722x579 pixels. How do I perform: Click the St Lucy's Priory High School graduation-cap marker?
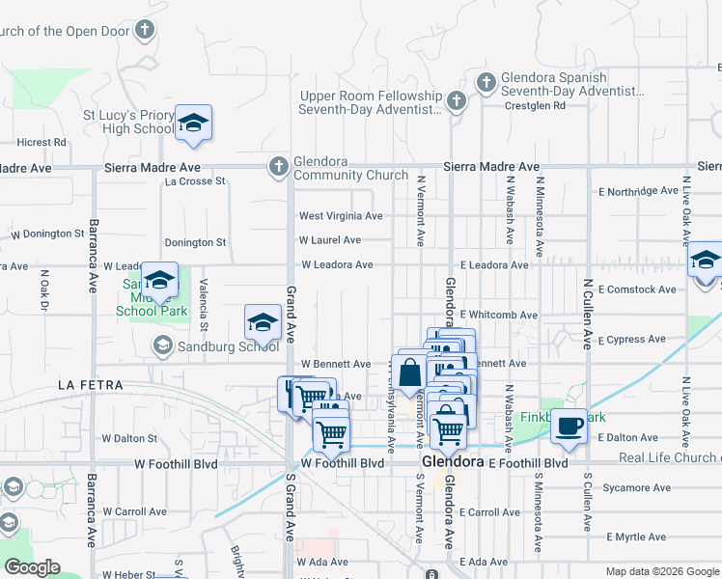(193, 123)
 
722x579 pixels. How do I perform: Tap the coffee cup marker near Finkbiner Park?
(569, 426)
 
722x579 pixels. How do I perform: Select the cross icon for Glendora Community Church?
(278, 166)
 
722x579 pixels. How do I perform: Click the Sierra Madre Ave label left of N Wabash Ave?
(490, 167)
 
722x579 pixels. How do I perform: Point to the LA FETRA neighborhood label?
(91, 385)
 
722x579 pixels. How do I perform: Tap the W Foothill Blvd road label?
(342, 463)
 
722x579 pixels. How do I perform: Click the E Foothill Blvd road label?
(527, 463)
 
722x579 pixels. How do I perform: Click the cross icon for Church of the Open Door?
(145, 30)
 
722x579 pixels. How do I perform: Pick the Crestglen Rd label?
(538, 106)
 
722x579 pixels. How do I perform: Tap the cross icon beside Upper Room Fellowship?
(457, 100)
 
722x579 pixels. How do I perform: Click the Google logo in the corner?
(31, 567)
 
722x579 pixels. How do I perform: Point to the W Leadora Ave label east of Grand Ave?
(337, 264)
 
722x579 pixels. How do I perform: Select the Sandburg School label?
(214, 345)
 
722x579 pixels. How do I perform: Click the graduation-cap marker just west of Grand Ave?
(263, 321)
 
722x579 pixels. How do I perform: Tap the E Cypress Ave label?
(631, 340)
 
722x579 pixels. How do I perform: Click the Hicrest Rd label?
(42, 142)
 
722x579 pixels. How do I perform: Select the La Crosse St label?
(195, 180)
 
